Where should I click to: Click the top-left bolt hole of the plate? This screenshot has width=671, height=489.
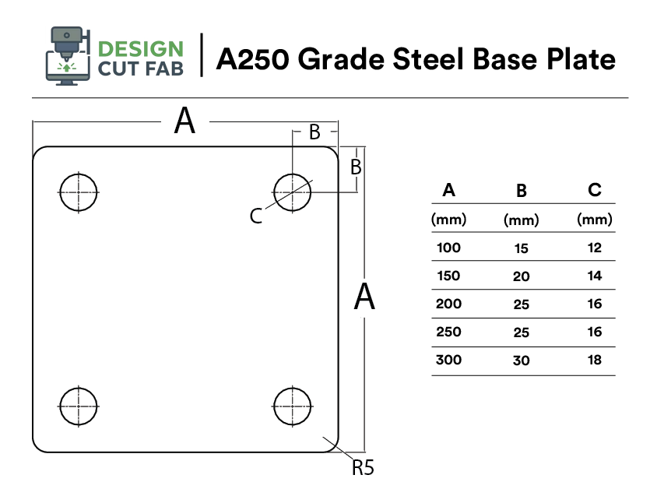(79, 191)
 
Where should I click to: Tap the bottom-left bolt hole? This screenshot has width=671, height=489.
(79, 406)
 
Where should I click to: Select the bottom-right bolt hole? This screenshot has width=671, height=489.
(293, 406)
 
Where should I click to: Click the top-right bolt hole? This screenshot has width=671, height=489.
(293, 191)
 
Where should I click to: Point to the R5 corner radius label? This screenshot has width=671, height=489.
(364, 467)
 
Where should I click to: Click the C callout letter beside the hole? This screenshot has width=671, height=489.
(256, 216)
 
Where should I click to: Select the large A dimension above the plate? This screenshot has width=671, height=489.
(184, 121)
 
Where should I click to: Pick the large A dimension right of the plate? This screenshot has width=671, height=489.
(364, 297)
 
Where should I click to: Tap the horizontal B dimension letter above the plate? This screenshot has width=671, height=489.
(314, 132)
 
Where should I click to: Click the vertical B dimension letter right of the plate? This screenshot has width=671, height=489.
(356, 166)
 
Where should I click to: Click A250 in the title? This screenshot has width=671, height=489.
(253, 59)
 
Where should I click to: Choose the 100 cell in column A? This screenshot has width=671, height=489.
(449, 248)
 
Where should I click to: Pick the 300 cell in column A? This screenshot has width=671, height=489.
(449, 360)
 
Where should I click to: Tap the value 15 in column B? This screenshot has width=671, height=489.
(522, 249)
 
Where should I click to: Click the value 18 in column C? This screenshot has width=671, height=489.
(595, 360)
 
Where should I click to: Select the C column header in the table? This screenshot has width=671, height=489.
(595, 189)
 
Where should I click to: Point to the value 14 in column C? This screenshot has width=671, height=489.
(595, 276)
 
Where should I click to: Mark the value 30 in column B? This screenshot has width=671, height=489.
(522, 361)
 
